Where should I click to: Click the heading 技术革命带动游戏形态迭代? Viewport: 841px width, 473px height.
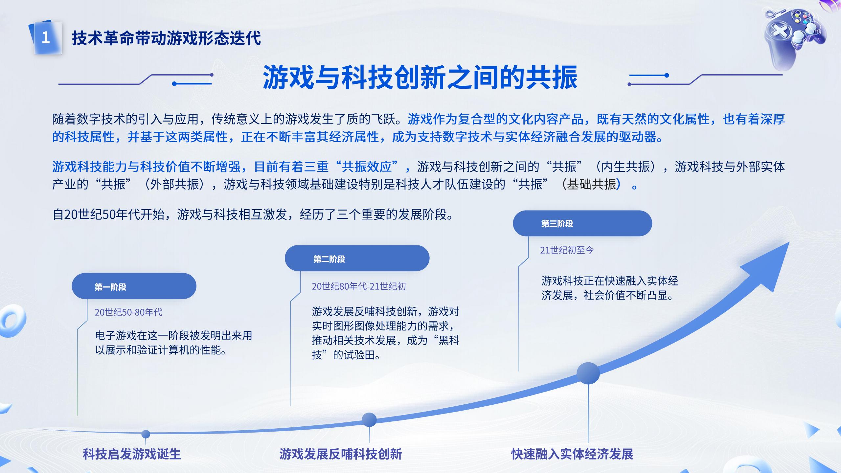(x=166, y=38)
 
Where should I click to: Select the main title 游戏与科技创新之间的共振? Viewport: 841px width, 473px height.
(x=420, y=78)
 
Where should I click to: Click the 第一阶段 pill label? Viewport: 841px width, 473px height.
(x=134, y=286)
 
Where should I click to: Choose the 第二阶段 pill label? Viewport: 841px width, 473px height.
(x=357, y=259)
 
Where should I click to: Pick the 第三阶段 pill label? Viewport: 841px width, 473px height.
(x=582, y=223)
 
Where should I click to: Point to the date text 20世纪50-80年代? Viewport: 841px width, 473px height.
(x=128, y=312)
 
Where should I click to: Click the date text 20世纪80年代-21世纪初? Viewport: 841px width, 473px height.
(x=358, y=286)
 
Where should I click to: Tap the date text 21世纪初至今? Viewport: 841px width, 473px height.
(x=567, y=250)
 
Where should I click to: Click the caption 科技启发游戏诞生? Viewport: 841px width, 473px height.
(x=132, y=454)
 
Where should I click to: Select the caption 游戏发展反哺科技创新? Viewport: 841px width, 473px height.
(x=341, y=454)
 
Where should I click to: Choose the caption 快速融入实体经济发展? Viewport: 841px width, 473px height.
(x=572, y=454)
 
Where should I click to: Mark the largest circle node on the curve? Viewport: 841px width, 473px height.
(x=588, y=373)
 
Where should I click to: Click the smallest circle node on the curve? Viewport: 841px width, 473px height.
(x=146, y=434)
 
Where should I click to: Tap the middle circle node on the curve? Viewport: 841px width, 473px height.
(x=369, y=420)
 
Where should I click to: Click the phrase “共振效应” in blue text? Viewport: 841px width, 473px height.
(x=367, y=167)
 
